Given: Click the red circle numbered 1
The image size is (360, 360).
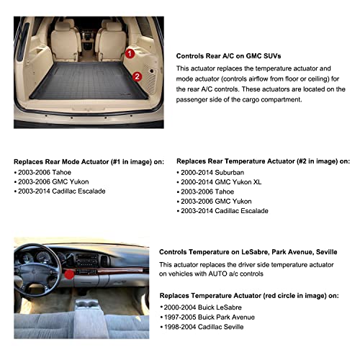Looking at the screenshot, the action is point(130,53).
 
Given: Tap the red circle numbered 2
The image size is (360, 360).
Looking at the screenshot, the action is point(138,73).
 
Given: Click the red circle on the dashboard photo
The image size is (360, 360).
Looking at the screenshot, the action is point(69,274).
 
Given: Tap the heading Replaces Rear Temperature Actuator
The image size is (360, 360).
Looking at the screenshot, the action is point(264,162).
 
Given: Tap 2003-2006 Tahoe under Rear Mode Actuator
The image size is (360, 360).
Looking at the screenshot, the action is point(40,174).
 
